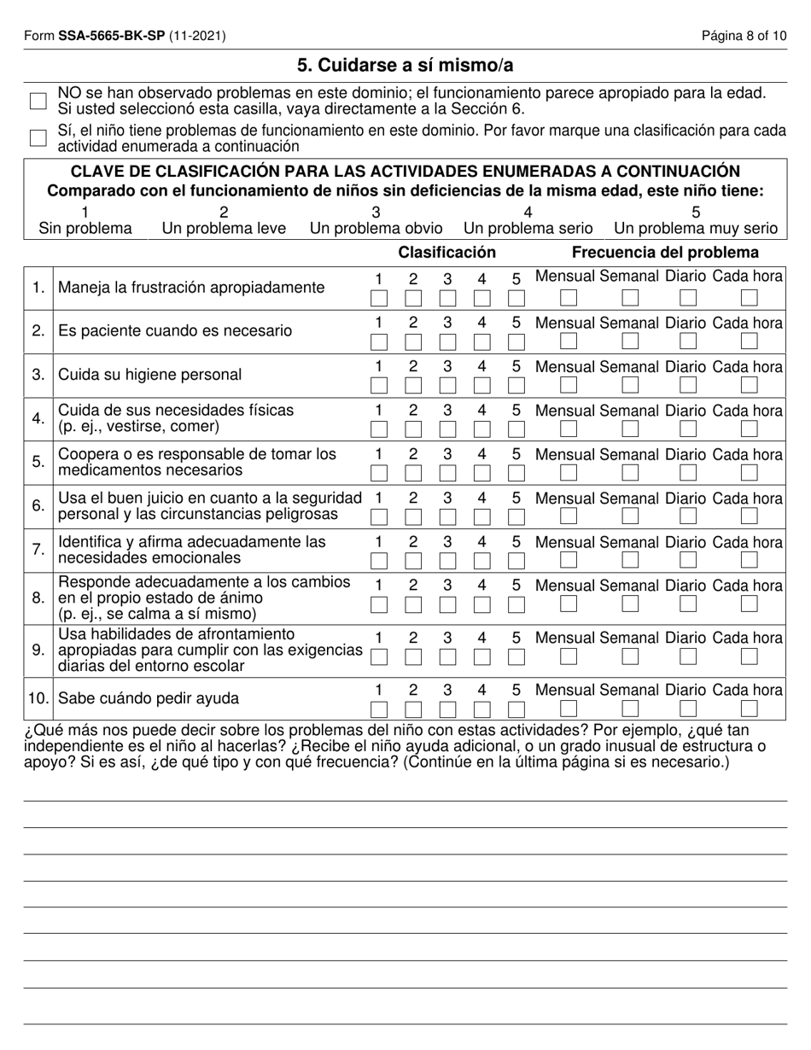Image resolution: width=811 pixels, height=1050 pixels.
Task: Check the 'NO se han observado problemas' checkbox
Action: click(x=38, y=101)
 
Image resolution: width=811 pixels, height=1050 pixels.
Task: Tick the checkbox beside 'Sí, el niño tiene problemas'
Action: click(x=38, y=137)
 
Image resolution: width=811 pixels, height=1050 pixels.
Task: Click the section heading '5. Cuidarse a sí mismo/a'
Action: click(x=405, y=66)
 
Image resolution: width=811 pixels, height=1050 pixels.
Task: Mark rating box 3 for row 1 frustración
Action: click(x=447, y=298)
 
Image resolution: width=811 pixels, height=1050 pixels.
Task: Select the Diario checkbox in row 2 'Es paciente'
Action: click(x=688, y=341)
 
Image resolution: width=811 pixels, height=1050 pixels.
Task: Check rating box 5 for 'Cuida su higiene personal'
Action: click(x=516, y=385)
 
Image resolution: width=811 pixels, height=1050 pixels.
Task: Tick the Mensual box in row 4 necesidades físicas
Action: click(x=568, y=428)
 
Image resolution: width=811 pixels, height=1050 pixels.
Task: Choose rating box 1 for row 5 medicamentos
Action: click(x=379, y=472)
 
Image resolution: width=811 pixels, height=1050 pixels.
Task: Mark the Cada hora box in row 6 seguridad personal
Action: click(x=749, y=516)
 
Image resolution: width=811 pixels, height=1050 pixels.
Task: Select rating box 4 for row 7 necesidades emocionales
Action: click(x=481, y=560)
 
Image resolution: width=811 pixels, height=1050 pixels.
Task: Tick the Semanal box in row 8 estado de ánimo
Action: click(x=629, y=604)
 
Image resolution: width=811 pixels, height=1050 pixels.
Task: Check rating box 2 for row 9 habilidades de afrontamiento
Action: click(x=413, y=656)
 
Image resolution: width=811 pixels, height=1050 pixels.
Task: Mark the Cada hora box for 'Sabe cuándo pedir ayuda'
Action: click(x=749, y=709)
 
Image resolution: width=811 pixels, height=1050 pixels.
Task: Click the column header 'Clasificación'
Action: click(x=446, y=253)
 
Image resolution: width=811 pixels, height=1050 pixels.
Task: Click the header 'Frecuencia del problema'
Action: click(x=665, y=253)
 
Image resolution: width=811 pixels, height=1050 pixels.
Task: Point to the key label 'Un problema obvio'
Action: click(x=376, y=228)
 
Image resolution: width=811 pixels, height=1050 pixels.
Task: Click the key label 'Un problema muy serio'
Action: click(x=696, y=228)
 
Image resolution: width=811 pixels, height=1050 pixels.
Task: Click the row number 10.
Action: click(x=38, y=698)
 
